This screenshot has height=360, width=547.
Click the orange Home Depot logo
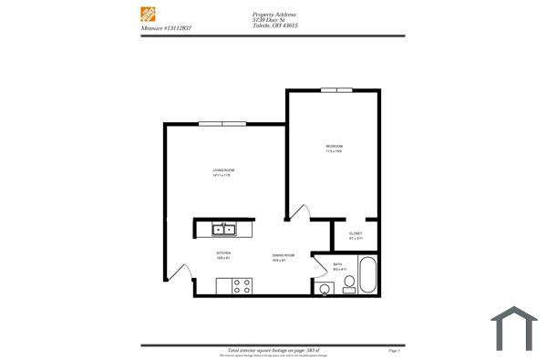(149, 15)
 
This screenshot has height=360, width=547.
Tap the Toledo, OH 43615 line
(275, 27)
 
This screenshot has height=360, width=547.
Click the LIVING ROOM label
(223, 170)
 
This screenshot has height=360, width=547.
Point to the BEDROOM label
(334, 147)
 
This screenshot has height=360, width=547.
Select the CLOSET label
(356, 233)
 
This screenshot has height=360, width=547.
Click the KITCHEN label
(223, 252)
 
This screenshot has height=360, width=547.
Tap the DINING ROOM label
(283, 255)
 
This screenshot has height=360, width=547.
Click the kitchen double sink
(224, 230)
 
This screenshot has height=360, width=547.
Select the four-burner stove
(242, 286)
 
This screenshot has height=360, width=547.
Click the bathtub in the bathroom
(367, 275)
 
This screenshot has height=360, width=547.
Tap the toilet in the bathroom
(347, 288)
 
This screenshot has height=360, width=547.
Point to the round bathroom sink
(325, 290)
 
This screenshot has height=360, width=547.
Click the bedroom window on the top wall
(336, 90)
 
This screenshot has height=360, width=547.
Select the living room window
(224, 124)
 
